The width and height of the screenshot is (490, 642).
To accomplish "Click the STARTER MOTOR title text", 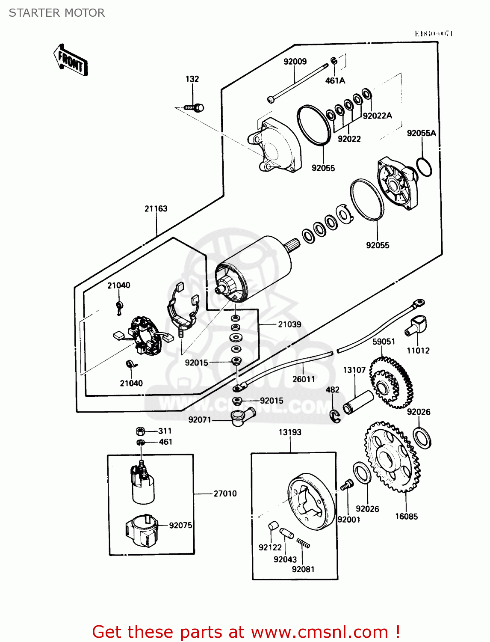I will [x=57, y=13].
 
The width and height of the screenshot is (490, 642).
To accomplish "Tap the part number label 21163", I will [x=156, y=208].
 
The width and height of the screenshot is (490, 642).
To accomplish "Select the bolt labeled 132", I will [x=195, y=107].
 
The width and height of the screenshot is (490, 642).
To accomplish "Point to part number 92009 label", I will [x=295, y=62].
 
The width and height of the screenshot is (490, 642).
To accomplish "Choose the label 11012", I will [x=418, y=351].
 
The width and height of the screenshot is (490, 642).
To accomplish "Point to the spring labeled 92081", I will [x=303, y=544].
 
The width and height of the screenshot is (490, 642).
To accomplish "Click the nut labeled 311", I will [x=141, y=431].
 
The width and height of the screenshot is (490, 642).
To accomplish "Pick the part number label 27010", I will [x=225, y=493].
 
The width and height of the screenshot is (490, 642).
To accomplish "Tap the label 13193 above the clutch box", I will [x=290, y=432].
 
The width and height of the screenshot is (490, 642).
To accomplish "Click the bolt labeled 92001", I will [x=347, y=484].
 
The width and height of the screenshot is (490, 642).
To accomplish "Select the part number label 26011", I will [x=304, y=379].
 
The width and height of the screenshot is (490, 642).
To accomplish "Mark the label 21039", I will [x=289, y=324].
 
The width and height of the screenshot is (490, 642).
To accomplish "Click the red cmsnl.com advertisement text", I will [x=246, y=632].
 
